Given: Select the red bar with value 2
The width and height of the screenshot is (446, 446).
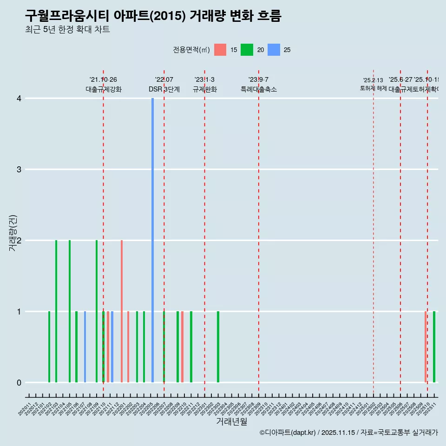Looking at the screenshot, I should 122,311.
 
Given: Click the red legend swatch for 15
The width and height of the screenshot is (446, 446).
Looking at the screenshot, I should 220,50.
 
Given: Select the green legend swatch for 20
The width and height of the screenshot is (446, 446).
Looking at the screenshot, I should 247,50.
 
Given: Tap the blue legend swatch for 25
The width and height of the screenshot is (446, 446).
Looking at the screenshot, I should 274,50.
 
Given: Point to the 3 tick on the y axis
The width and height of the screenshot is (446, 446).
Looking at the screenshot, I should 19,169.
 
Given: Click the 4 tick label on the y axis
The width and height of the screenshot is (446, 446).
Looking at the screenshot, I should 19,98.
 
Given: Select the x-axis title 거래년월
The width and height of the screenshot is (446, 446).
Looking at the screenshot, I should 231,422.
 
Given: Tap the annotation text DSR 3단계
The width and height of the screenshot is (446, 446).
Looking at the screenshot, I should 164,90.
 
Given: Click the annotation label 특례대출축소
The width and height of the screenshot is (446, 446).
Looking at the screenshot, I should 259,90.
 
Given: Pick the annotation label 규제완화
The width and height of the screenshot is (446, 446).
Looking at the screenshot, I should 205,90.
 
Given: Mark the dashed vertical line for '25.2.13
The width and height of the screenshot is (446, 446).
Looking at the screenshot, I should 374,232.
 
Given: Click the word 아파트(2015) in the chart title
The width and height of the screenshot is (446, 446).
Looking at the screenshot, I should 150,16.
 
